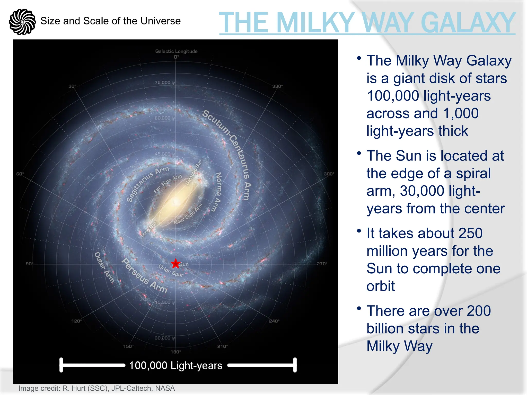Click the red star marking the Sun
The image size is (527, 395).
(x=175, y=264)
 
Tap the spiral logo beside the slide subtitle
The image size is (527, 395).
(x=22, y=22)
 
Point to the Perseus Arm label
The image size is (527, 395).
(x=144, y=276)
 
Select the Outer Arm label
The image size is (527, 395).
(x=104, y=267)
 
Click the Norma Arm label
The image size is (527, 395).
(x=218, y=192)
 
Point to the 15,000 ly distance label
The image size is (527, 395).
(x=165, y=302)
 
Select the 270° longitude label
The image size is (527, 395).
(x=322, y=264)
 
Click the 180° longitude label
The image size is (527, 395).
(x=176, y=352)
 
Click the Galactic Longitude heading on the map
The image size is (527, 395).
(x=176, y=51)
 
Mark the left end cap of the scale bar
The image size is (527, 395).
(x=61, y=365)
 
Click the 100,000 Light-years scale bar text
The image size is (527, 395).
(x=176, y=365)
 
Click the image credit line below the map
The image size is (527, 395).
(x=96, y=388)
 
